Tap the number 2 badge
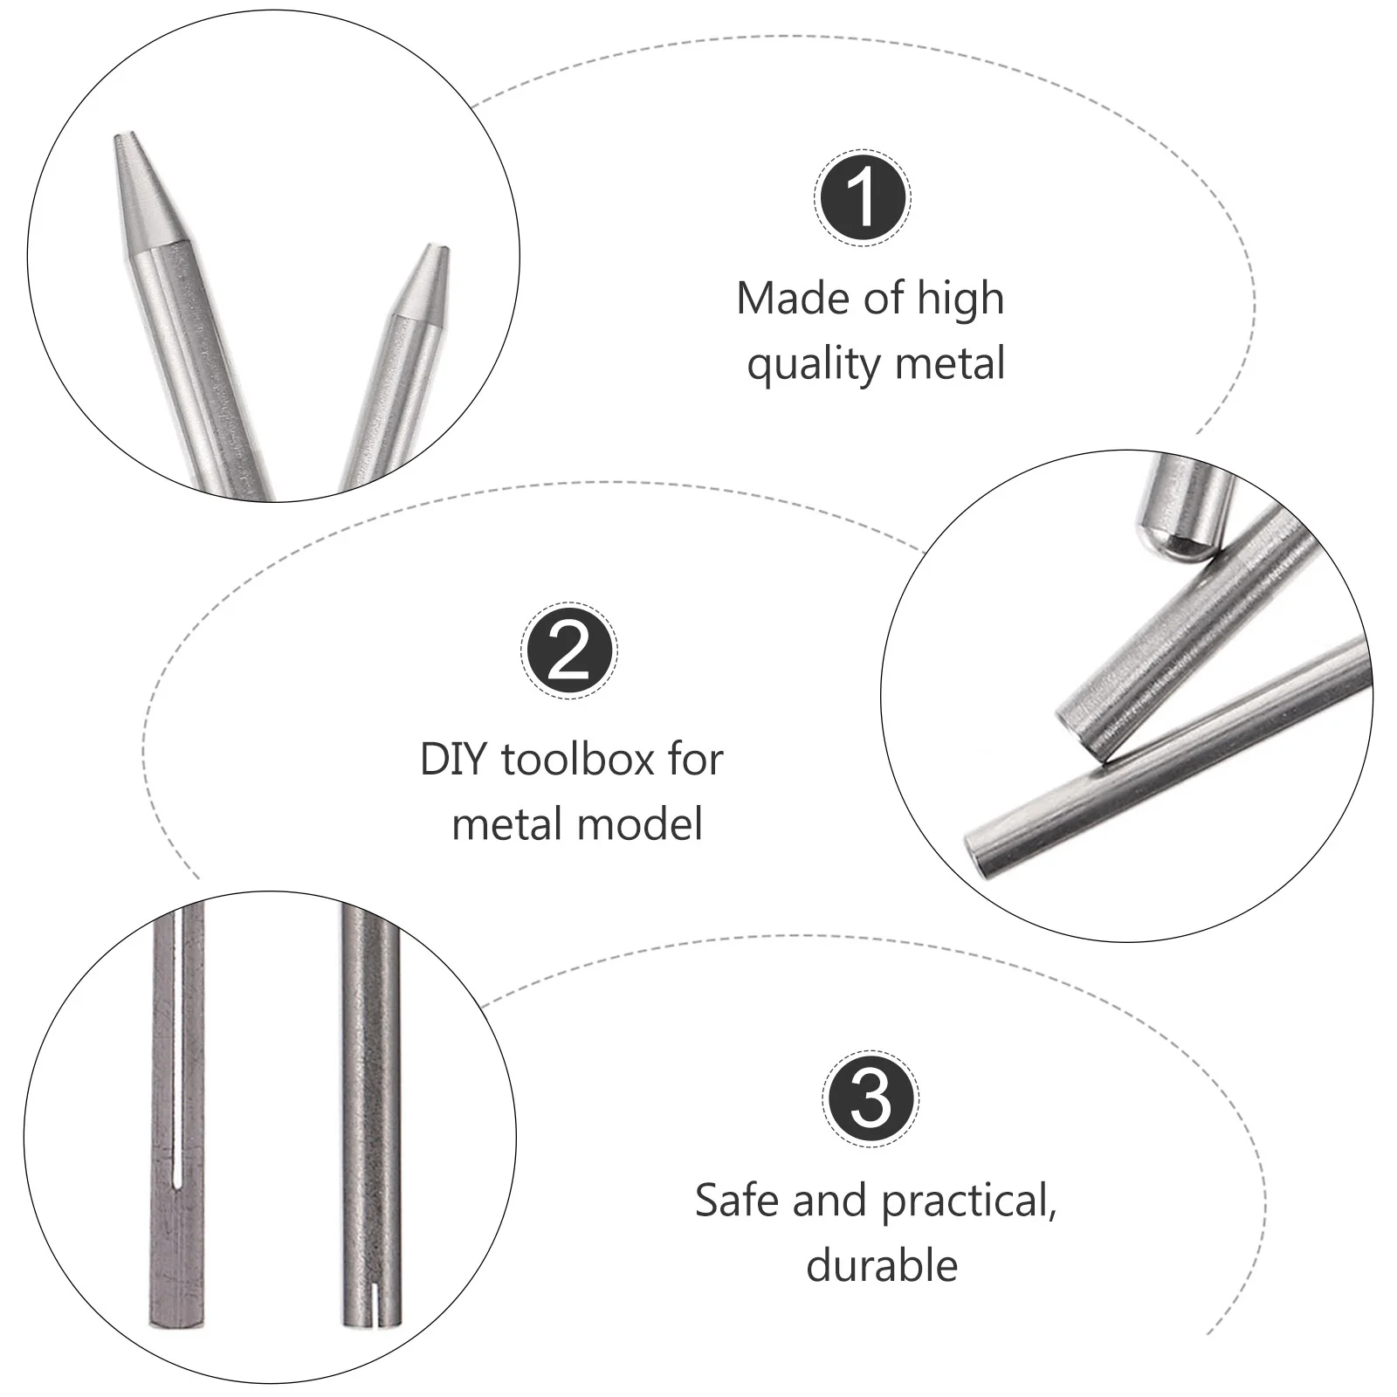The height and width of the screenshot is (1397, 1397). point(569,650)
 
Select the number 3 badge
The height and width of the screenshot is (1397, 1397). point(871,1098)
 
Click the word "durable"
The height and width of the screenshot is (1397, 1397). point(882,1265)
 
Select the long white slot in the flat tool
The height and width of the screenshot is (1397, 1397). point(178,1046)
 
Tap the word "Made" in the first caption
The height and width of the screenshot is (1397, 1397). point(793,299)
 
